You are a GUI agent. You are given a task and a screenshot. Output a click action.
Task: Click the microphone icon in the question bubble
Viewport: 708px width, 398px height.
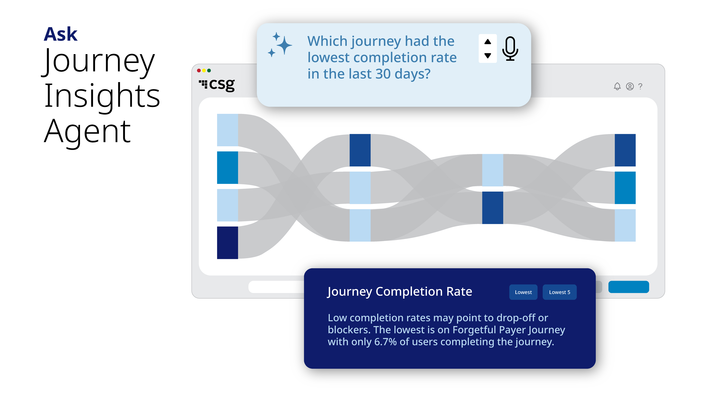510,49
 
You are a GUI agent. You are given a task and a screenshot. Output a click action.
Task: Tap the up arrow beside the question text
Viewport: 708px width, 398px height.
488,42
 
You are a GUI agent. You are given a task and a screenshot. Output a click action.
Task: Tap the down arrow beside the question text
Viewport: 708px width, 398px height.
488,56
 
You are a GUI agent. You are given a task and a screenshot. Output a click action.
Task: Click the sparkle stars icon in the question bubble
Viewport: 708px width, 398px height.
280,45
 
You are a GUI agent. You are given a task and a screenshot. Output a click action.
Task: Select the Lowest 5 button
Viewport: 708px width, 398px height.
559,292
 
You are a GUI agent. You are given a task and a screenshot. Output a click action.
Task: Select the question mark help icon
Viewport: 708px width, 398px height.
640,86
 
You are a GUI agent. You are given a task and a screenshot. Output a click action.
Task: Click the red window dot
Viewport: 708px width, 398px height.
199,71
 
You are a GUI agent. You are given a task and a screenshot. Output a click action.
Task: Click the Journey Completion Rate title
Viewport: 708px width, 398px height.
400,292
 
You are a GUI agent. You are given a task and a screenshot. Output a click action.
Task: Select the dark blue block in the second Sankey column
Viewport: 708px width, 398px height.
360,150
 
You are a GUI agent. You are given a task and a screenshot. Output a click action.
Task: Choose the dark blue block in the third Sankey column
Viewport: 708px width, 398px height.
493,208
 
